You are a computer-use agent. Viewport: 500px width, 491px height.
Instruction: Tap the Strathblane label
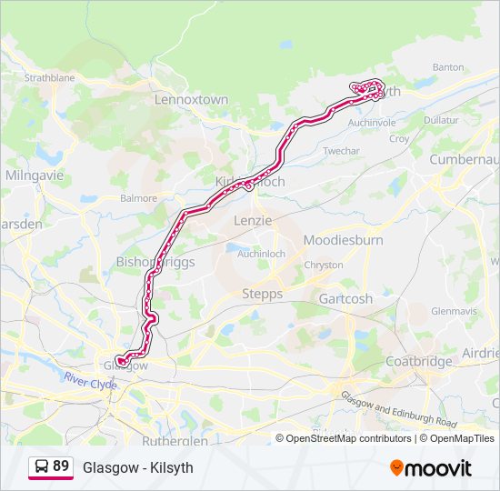[49, 78]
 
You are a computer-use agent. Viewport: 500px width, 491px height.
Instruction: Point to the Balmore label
[139, 197]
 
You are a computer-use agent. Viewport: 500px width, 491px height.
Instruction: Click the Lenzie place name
[253, 220]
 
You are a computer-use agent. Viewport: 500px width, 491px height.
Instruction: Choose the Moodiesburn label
[343, 240]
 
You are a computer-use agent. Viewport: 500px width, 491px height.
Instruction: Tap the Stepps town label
[263, 294]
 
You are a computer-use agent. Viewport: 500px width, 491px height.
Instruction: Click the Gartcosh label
[345, 298]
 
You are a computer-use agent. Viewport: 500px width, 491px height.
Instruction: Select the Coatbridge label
[419, 361]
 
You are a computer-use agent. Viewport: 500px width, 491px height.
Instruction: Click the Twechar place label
[342, 150]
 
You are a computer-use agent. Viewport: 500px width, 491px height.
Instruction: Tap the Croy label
[399, 139]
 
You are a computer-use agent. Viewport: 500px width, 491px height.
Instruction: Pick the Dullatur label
[441, 119]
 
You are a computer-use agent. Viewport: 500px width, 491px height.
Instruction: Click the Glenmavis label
[454, 310]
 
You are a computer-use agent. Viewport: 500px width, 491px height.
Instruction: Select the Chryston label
[325, 265]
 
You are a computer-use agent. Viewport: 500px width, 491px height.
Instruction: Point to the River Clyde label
[91, 382]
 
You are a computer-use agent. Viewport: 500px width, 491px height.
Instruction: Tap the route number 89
[61, 466]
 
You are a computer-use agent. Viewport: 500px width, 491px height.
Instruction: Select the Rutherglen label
[175, 440]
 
